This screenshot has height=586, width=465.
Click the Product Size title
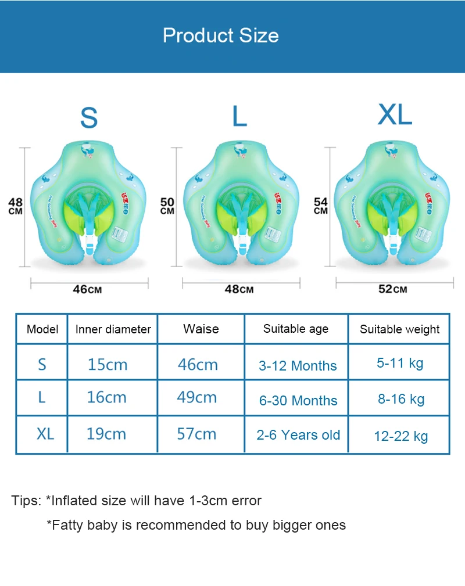tap(221, 35)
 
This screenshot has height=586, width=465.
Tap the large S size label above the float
tap(89, 117)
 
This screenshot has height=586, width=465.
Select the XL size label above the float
tap(395, 115)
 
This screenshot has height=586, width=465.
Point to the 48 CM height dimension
tap(16, 206)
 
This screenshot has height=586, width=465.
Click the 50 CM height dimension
tap(167, 206)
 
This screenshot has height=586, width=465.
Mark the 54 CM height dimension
tap(321, 206)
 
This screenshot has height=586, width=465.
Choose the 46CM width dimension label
tap(88, 289)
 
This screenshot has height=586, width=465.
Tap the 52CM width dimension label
tap(393, 289)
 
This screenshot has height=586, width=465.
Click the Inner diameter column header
tap(113, 329)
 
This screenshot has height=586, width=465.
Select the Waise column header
tap(201, 329)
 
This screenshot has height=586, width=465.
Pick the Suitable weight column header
tap(399, 329)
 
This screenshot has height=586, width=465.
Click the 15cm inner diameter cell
tap(107, 365)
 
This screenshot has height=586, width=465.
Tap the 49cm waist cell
tap(196, 397)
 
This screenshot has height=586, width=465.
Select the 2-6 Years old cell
tap(298, 435)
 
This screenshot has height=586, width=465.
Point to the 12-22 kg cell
tap(400, 436)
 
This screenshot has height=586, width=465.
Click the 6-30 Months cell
tap(298, 400)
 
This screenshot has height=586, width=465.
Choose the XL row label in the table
tap(45, 434)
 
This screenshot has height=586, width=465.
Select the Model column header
tap(42, 329)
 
